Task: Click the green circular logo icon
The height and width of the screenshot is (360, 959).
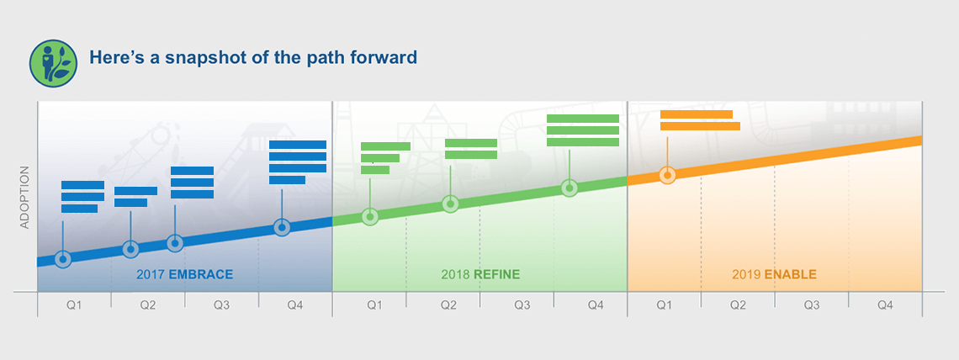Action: click(53, 64)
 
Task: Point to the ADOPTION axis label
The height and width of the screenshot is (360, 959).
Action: click(24, 198)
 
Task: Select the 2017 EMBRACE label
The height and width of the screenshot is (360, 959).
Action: click(185, 274)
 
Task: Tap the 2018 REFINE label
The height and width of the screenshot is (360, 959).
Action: click(480, 274)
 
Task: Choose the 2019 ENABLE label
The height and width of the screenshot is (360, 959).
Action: click(774, 274)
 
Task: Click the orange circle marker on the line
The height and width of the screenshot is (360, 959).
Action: click(667, 176)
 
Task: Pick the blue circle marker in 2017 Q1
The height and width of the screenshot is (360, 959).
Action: click(63, 258)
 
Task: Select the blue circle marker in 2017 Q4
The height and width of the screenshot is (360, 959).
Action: click(282, 227)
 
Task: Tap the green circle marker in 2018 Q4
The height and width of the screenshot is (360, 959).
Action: click(570, 188)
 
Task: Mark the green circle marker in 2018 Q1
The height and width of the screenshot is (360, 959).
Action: click(370, 216)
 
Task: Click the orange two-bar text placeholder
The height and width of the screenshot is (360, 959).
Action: click(700, 120)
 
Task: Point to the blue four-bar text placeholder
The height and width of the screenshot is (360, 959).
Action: click(298, 162)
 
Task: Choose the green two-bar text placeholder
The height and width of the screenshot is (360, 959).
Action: click(471, 149)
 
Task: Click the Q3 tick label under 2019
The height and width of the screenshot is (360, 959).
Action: click(812, 305)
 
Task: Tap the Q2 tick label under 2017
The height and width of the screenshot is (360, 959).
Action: click(148, 305)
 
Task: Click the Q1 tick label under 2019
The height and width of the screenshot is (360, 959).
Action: click(664, 305)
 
